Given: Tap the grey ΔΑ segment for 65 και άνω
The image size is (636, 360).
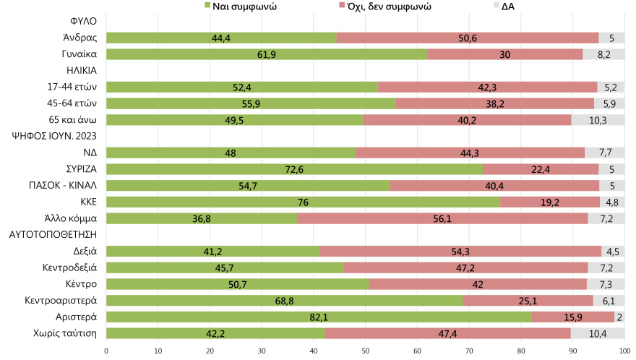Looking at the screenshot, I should point(597,119).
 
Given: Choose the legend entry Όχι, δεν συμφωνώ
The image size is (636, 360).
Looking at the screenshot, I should point(390,7).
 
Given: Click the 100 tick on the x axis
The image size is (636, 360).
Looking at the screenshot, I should point(624,351).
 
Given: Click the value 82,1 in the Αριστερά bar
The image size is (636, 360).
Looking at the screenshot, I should point(319,317).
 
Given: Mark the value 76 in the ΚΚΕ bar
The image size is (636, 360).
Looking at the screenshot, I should point(303,202).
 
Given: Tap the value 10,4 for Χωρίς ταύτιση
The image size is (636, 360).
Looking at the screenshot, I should point(598,333).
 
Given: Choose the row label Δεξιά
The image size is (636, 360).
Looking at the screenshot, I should point(85,251).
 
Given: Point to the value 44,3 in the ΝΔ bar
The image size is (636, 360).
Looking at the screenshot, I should point(470,153).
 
